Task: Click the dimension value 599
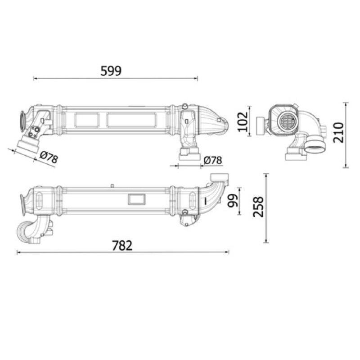click(111, 71)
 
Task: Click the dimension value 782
click(122, 245)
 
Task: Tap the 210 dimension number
click(338, 132)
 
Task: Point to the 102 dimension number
click(243, 121)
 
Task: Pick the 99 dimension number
click(232, 201)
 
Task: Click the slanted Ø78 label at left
click(49, 157)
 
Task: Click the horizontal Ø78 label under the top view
click(213, 160)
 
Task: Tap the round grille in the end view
click(287, 120)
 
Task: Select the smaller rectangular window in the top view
click(87, 120)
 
